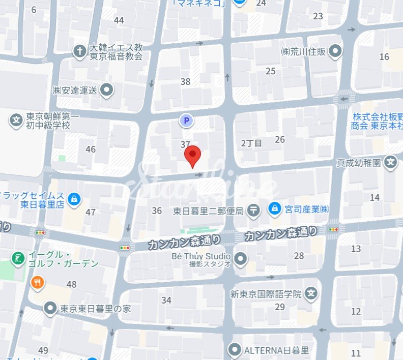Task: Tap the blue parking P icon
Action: point(186,121)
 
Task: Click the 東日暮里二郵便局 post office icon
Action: point(253,209)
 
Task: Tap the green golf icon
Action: point(19,259)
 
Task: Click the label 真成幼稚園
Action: point(358,163)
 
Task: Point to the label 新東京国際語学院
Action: point(266,294)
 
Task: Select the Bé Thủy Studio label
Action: point(201,257)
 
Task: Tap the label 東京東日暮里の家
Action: point(96,308)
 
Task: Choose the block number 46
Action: point(91,149)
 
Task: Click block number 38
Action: point(185,81)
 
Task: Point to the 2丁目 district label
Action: point(251,143)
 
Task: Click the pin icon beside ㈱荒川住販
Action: point(335,51)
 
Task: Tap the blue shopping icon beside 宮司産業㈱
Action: point(275,208)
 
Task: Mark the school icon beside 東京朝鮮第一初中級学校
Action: point(16,121)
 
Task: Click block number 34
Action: point(166,300)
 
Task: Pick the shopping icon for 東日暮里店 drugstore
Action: point(74,199)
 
